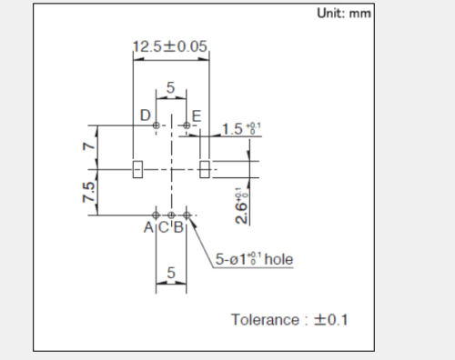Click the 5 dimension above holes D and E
point(171,88)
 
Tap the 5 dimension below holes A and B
point(171,273)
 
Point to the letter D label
point(145,115)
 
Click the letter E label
point(197,115)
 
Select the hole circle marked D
point(157,125)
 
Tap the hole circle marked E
point(187,125)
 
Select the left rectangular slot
point(137,169)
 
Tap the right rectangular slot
point(205,169)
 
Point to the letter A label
point(148,227)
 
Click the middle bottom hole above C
point(171,215)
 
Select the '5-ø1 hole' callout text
point(254,260)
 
